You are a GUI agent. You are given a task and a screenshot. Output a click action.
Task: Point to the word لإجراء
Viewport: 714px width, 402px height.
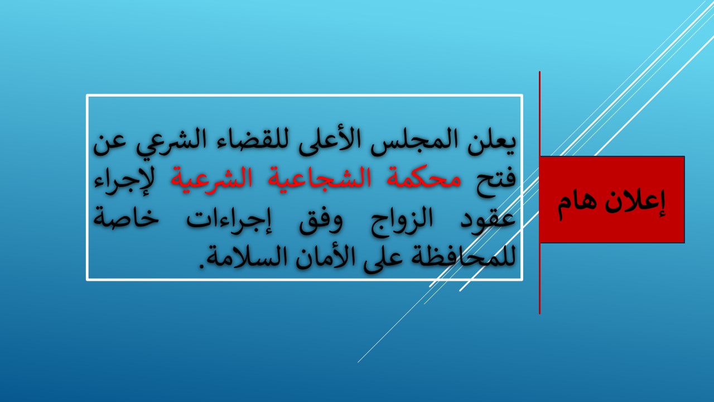tap(123, 182)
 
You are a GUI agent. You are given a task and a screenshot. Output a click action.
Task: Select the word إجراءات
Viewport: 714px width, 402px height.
tap(229, 220)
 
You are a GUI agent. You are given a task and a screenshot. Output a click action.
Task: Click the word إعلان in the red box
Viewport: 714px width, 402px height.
tap(635, 203)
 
